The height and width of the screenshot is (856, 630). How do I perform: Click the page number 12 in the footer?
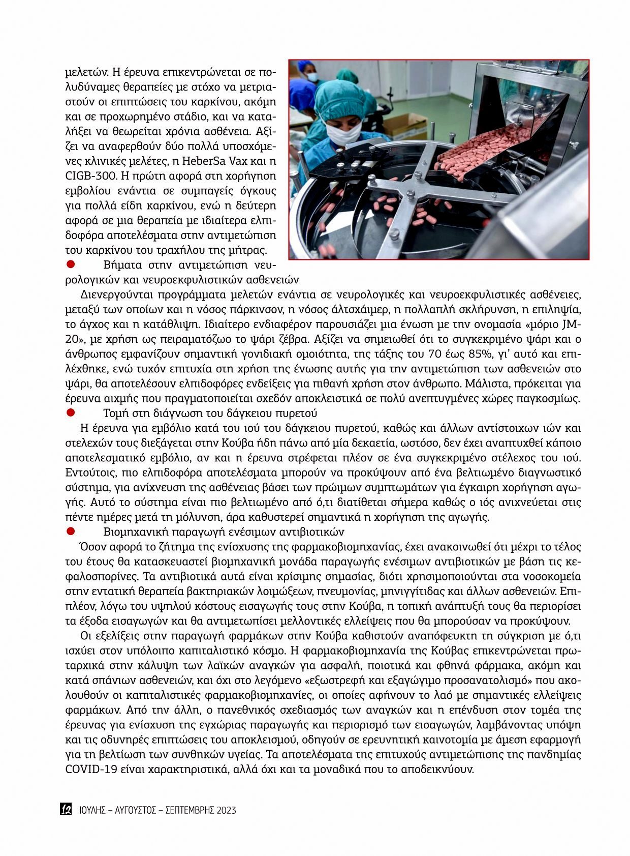pos(66,809)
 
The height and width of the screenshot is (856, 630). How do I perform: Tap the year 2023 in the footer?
pos(226,810)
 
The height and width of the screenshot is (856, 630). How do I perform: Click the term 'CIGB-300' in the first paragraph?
pos(86,176)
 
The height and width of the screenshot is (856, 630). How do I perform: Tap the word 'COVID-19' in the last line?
pos(87,769)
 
